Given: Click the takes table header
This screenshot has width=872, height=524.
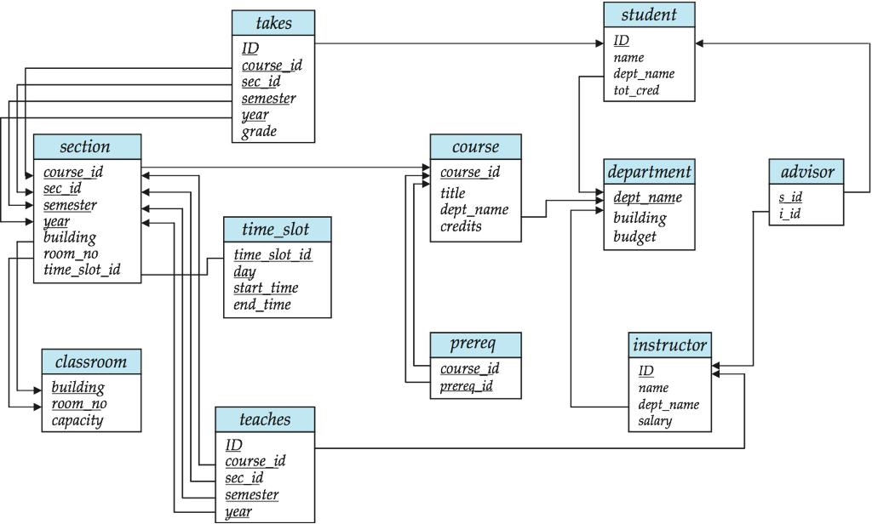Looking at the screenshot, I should (x=272, y=23).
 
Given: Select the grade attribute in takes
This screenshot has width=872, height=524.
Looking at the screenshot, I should (x=259, y=132).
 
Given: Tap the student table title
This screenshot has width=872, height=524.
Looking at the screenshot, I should (x=649, y=14).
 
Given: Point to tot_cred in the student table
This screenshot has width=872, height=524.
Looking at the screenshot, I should (x=636, y=90).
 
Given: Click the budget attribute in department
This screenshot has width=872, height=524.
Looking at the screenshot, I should (x=634, y=236).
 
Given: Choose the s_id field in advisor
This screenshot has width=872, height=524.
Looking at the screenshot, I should (x=790, y=196).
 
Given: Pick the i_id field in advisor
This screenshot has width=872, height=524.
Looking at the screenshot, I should (x=789, y=214).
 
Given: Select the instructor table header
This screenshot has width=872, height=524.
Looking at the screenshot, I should (x=669, y=345).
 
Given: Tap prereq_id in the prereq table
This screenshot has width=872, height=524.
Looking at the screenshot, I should (x=467, y=387).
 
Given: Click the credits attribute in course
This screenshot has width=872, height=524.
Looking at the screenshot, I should (x=461, y=226).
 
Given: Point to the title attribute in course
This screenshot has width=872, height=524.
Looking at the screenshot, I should (x=453, y=193).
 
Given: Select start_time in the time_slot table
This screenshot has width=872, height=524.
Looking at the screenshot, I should (x=266, y=288).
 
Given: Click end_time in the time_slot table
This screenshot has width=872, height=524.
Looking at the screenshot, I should (x=261, y=305).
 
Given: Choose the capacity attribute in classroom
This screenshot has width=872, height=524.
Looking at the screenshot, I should (x=77, y=420).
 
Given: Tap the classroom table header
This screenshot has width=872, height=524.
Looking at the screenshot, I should (x=90, y=362).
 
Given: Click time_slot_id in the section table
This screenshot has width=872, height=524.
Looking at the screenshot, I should (x=82, y=270).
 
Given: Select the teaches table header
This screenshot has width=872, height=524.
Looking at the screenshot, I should (x=264, y=419).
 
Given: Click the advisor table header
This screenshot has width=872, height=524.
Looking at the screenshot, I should (x=806, y=172).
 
